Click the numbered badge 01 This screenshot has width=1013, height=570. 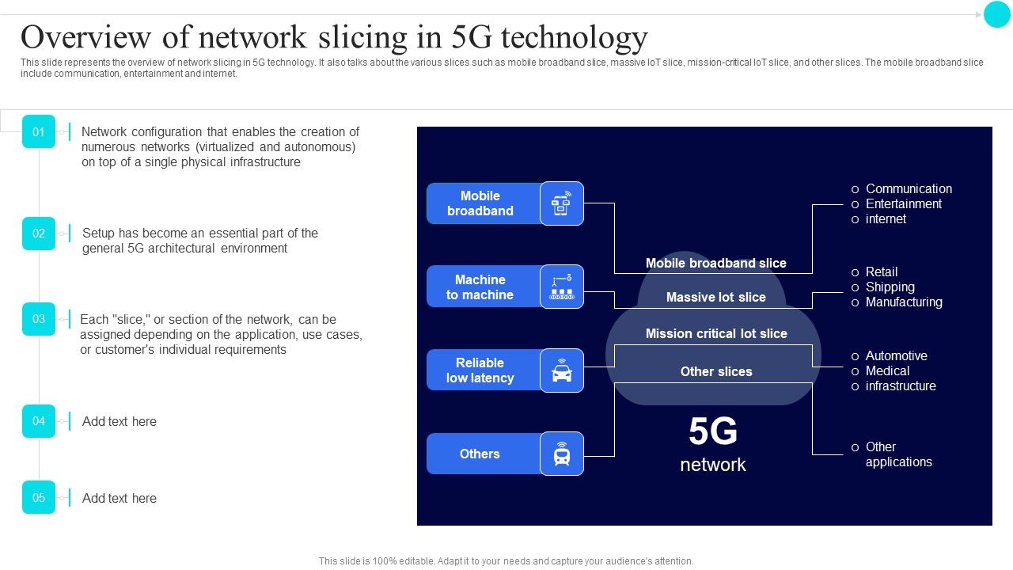tap(39, 131)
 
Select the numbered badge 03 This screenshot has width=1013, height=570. tap(39, 319)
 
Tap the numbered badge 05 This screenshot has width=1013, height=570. tap(39, 497)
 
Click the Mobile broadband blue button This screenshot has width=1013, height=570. tap(481, 203)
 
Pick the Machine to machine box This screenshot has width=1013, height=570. tap(480, 287)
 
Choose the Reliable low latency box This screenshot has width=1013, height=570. tap(480, 370)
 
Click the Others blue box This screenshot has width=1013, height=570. tap(480, 454)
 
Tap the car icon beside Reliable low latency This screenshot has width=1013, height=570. tap(562, 370)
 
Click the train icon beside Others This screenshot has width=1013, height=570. tap(562, 454)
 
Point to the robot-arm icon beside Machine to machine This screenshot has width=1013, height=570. tap(562, 287)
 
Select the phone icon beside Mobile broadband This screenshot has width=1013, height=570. tap(562, 203)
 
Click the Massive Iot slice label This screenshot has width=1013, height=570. tap(716, 297)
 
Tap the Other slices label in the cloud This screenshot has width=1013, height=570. tap(716, 371)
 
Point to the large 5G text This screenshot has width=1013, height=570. tap(713, 432)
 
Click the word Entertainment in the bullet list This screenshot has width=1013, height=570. tap(904, 203)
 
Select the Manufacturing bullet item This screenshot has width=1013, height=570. tap(904, 302)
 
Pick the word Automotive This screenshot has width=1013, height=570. tap(897, 355)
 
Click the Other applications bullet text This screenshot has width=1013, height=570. tap(898, 454)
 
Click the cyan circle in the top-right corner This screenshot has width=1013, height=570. tap(996, 14)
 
